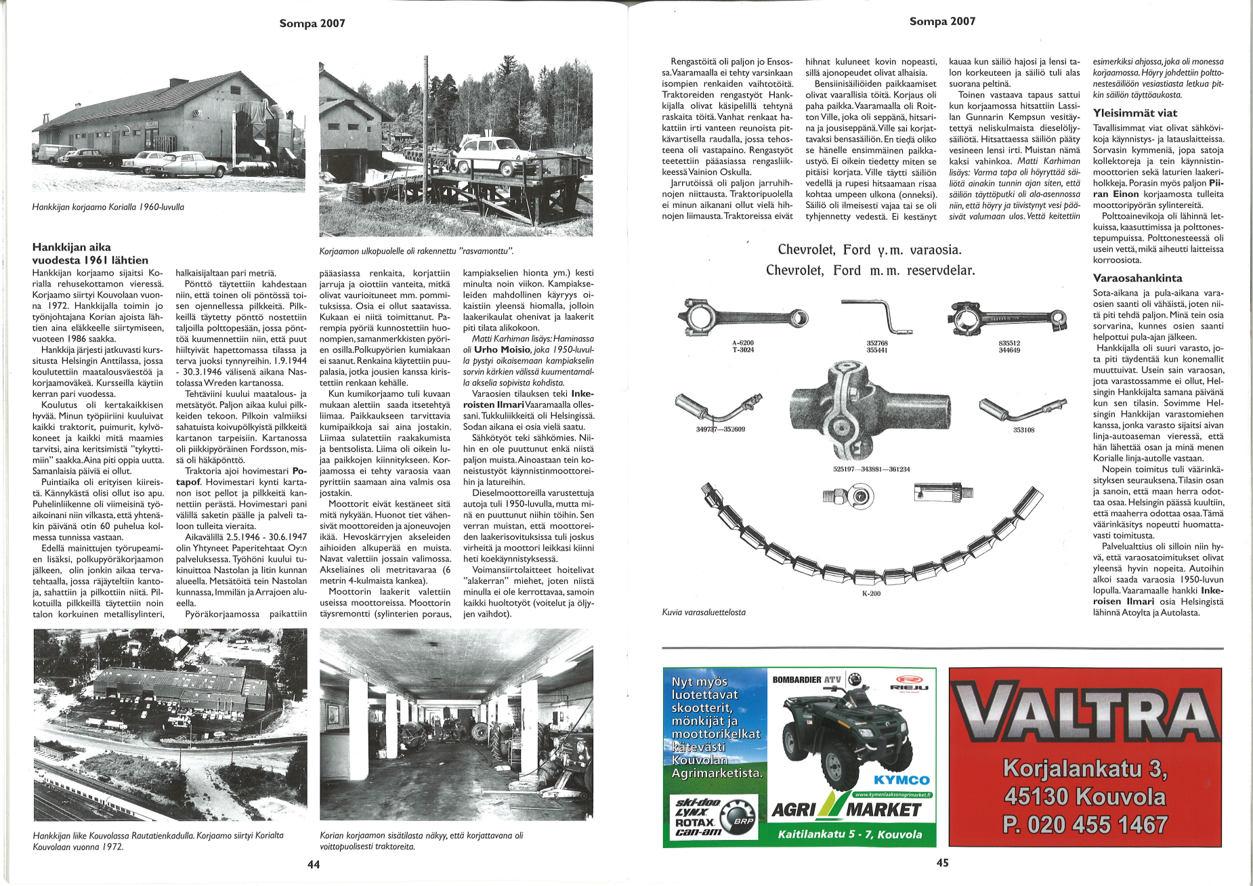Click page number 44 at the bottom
314,864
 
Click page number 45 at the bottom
942,862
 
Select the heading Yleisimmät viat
1134,113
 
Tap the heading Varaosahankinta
1137,278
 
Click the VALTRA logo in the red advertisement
1085,715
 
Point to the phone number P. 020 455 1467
1085,824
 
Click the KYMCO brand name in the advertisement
901,780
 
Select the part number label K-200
871,593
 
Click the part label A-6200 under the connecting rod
743,343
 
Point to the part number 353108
1023,429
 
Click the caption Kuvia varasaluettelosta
704,612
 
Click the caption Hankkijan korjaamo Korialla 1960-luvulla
108,207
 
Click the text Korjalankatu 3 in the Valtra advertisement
1085,769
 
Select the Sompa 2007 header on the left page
312,24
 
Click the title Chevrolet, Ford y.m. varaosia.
870,250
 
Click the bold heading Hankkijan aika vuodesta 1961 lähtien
90,253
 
